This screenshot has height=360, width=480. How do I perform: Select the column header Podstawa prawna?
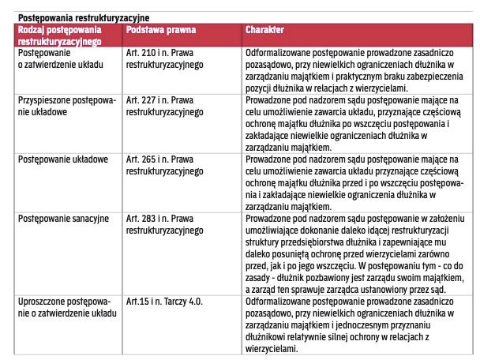(x=161, y=28)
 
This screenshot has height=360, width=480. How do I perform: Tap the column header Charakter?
(x=264, y=28)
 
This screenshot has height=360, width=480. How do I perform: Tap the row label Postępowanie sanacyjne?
(x=63, y=217)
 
